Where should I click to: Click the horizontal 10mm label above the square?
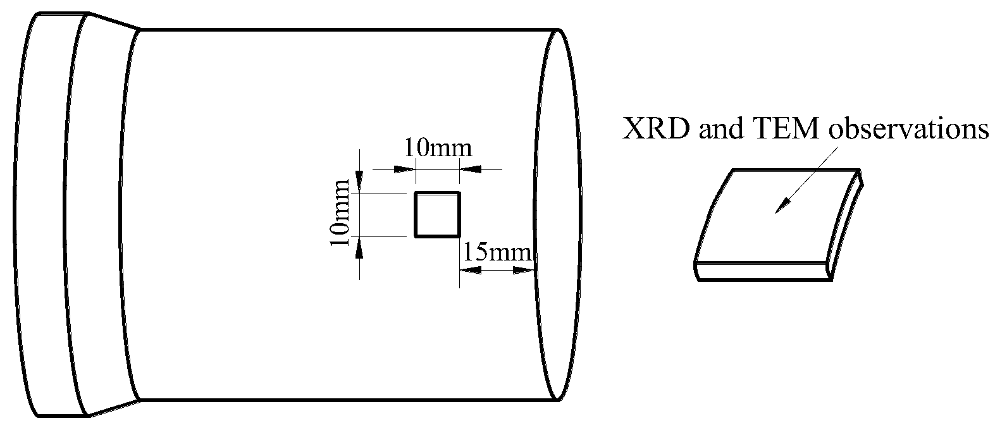pyautogui.click(x=438, y=149)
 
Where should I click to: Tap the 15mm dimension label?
pyautogui.click(x=496, y=253)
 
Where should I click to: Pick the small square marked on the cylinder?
pyautogui.click(x=437, y=214)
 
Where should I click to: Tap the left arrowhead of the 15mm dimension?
pyautogui.click(x=469, y=270)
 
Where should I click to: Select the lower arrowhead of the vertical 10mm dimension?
pyautogui.click(x=359, y=247)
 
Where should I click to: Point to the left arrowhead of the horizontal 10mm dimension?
pyautogui.click(x=405, y=169)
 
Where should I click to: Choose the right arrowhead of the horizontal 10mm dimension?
pyautogui.click(x=470, y=169)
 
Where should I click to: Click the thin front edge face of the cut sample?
pyautogui.click(x=762, y=272)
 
